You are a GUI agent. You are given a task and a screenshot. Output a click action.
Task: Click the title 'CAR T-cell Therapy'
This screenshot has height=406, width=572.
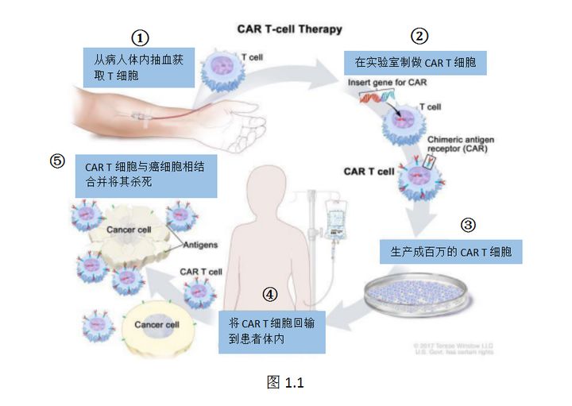(x=290, y=29)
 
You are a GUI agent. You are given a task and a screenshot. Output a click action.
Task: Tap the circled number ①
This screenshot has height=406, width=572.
(x=140, y=37)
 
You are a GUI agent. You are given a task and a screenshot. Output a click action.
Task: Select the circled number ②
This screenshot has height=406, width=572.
(x=419, y=36)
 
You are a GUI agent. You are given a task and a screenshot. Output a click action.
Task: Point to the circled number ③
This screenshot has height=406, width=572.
(x=468, y=225)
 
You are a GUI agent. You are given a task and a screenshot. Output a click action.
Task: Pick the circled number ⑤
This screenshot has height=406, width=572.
(x=56, y=160)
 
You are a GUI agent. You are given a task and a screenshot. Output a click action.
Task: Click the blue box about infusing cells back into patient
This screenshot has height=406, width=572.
(x=272, y=331)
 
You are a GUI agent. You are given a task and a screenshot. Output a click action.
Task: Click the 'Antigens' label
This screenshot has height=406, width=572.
(x=202, y=245)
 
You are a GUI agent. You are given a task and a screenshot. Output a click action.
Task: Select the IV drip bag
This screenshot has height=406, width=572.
(x=331, y=219)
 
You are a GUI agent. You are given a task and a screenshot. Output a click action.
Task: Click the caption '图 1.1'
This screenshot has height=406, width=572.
(x=285, y=382)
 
